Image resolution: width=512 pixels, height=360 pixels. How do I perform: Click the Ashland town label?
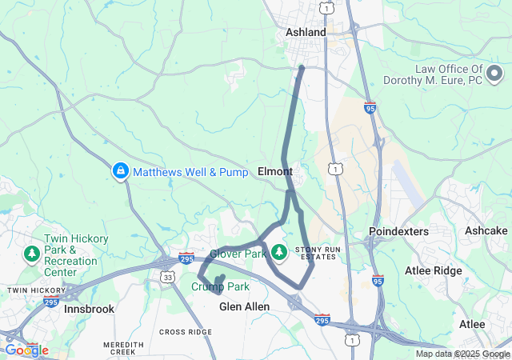pos(306,32)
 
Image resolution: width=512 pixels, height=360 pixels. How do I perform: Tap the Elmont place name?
pos(275,171)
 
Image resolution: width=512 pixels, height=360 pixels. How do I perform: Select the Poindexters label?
pos(398,231)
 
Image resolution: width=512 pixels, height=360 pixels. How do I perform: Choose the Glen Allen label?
pos(244,306)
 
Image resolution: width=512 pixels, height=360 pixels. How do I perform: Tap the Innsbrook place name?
pos(89,308)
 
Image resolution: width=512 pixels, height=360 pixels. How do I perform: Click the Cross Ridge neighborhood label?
pos(186,332)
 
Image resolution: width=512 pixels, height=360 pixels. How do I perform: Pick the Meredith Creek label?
pos(123,347)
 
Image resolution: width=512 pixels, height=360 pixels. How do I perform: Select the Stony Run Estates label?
pos(319,254)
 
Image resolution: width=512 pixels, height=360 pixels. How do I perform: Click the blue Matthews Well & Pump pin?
pos(120,170)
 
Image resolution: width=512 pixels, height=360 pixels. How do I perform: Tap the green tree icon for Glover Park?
pos(279,253)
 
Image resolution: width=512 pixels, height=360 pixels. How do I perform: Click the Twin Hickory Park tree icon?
pos(32,254)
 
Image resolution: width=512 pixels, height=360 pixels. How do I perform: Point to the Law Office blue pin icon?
pos(401,75)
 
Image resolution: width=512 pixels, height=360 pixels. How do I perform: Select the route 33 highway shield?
pos(167,277)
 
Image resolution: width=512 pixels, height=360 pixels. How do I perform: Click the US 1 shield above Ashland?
pos(326,7)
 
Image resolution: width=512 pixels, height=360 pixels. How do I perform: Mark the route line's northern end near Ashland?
pos(302,67)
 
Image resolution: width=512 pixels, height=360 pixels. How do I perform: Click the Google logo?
pos(26,350)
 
